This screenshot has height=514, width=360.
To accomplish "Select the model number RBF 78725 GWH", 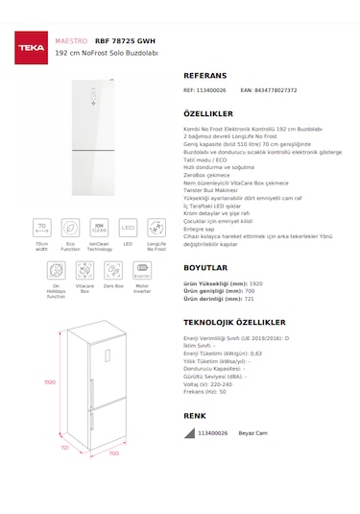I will click(x=126, y=42).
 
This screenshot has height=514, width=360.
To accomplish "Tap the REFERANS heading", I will click(x=204, y=74).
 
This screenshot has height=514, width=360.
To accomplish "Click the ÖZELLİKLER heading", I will click(x=208, y=112).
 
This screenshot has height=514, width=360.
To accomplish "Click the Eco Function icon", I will click(x=70, y=228).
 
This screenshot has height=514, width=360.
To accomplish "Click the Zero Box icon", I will click(x=112, y=271).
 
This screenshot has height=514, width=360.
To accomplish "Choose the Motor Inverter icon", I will click(x=141, y=271).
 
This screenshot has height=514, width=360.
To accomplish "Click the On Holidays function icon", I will click(x=56, y=271).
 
